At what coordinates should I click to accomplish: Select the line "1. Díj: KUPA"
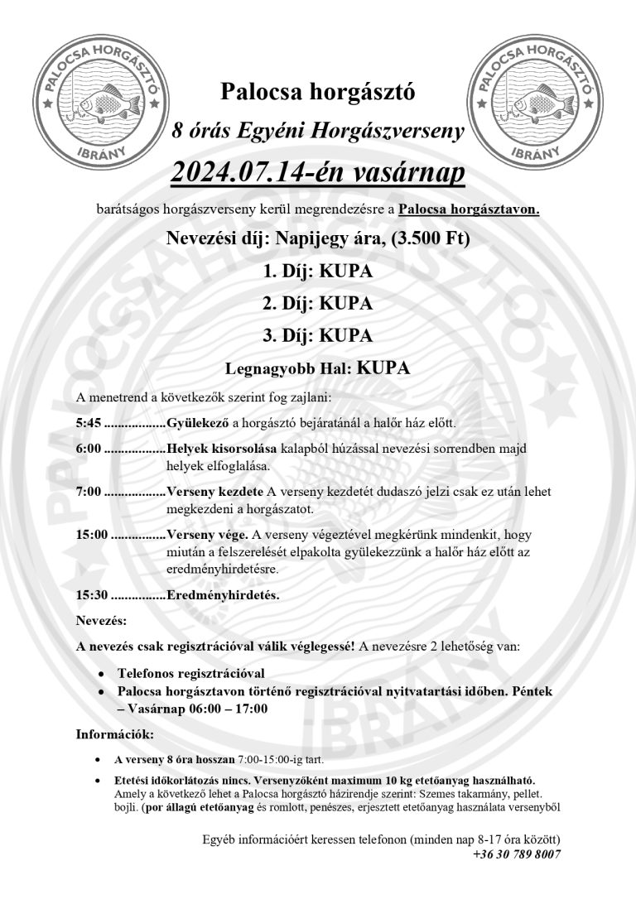tap(317, 272)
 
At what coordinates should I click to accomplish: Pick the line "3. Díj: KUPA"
tap(317, 335)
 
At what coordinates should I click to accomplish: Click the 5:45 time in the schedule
tap(88, 423)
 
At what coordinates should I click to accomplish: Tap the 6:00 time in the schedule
tap(88, 448)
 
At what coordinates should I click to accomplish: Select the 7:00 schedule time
tap(88, 492)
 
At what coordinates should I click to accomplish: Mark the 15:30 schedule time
tap(91, 594)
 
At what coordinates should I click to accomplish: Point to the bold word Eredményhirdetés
tap(223, 594)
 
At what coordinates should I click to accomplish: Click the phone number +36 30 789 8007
tap(517, 854)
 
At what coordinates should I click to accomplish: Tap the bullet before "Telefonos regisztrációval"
tap(100, 675)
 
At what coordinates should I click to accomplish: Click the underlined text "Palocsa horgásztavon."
tap(469, 209)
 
